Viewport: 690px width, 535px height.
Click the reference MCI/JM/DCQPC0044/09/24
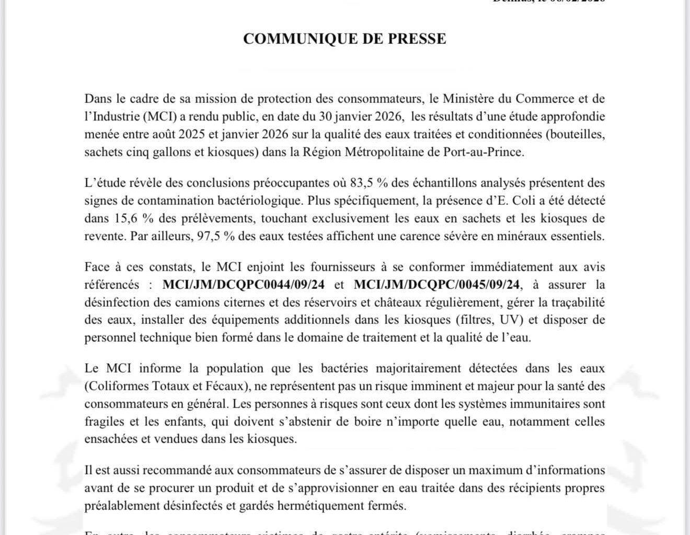[x=244, y=285]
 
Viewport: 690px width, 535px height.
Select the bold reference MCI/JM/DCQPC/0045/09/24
[x=438, y=285]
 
